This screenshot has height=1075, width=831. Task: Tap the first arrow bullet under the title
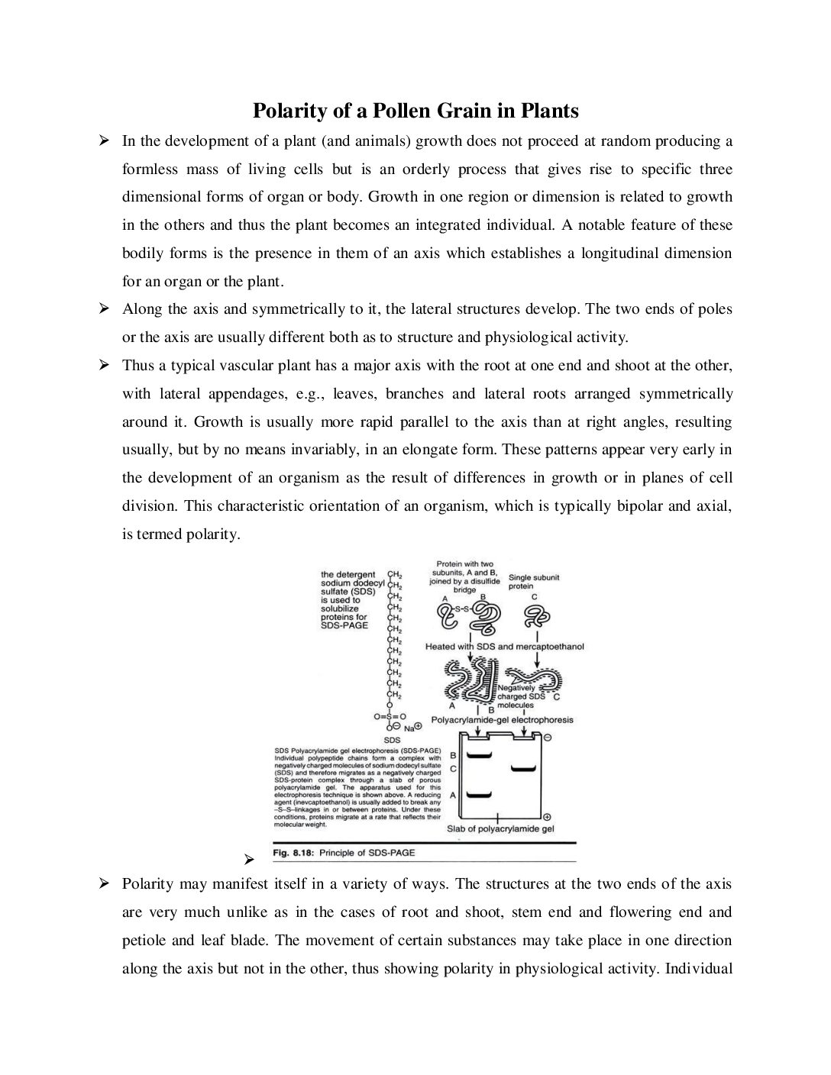point(104,141)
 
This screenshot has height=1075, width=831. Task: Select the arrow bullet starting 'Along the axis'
point(104,309)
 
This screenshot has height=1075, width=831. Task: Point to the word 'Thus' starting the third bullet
point(138,366)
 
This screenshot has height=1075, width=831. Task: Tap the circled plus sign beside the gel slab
point(547,817)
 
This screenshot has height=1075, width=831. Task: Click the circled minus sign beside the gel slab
point(547,738)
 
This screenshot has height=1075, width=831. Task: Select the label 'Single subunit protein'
point(534,582)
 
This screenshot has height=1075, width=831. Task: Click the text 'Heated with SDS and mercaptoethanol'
point(504,647)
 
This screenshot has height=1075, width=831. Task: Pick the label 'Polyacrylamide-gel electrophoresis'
point(502,719)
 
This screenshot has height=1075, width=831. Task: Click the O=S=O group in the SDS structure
point(390,717)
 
